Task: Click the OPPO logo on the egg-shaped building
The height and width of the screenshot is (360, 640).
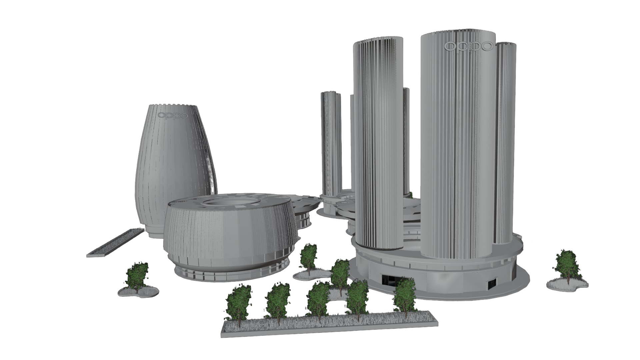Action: (173, 115)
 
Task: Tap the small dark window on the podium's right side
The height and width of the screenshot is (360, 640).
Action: (492, 284)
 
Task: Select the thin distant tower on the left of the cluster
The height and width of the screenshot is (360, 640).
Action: (330, 143)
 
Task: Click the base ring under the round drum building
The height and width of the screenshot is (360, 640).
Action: (230, 275)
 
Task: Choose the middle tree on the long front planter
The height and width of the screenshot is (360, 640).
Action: (318, 300)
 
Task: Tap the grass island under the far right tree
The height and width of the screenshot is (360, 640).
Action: (567, 285)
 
